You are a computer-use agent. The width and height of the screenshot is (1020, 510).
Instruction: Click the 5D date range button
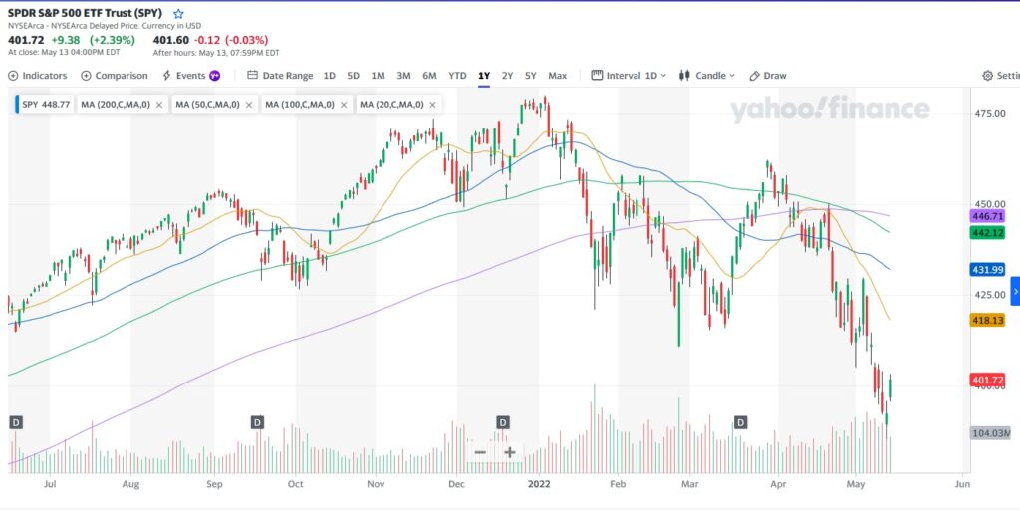click(353, 76)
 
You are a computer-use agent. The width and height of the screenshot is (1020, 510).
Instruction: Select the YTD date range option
click(457, 76)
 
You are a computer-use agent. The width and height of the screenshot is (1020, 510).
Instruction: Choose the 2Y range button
click(507, 76)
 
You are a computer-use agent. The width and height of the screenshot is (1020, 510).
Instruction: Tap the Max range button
click(557, 76)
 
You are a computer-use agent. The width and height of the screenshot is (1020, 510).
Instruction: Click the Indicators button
click(38, 76)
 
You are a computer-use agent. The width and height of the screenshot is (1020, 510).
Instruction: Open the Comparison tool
click(115, 76)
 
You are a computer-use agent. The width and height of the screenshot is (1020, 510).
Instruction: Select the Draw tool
click(768, 76)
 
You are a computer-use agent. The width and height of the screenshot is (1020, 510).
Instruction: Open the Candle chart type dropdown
click(707, 76)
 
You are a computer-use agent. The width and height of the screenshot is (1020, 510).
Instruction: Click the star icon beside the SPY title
click(178, 14)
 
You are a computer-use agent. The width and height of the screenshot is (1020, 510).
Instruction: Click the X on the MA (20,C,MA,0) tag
click(433, 104)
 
